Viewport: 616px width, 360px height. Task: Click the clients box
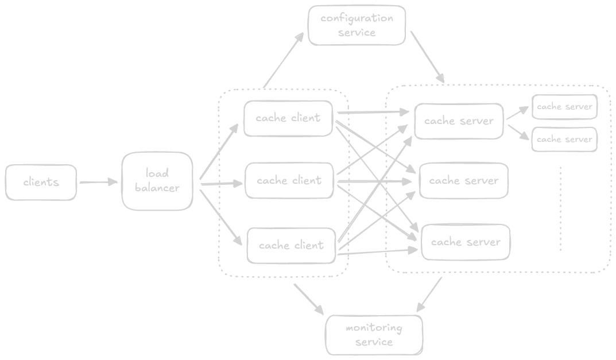point(41,183)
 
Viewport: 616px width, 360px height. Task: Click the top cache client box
point(288,118)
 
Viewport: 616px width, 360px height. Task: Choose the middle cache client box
point(289,180)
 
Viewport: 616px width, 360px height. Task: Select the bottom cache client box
point(291,245)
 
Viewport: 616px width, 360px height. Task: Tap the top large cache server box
point(459,121)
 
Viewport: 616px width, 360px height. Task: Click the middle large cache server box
point(464,181)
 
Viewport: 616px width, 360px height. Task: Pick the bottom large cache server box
point(466,242)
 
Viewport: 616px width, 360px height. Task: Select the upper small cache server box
point(564,107)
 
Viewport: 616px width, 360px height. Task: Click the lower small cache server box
point(564,140)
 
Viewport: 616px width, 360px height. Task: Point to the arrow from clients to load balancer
point(99,183)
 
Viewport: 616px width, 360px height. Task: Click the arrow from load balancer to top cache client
point(218,152)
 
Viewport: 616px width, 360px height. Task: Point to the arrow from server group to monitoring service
point(430,296)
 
